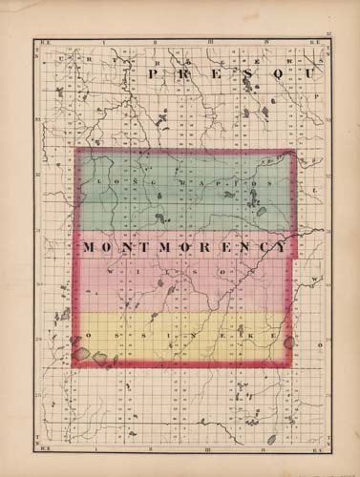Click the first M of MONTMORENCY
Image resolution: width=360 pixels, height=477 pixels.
90,247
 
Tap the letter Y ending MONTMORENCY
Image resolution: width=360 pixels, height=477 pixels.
280,247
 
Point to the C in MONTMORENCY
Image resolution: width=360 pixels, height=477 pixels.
261,247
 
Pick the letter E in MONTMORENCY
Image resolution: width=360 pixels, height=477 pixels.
222,247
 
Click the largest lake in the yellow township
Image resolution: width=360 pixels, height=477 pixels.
82,355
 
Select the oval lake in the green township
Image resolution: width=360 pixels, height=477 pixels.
261,211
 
